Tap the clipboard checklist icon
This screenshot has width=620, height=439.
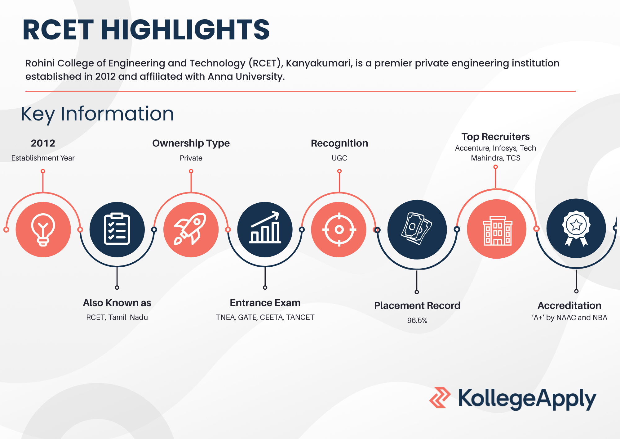pos(117,229)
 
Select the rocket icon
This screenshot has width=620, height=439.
pos(190,229)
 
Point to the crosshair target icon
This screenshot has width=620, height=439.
pos(339,230)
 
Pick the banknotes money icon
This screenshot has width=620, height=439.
pos(417,229)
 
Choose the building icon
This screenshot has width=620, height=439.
pos(497,231)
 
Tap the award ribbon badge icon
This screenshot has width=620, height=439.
pos(576,229)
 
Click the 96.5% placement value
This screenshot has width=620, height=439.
pos(417,320)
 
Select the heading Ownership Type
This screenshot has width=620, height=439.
pos(191,143)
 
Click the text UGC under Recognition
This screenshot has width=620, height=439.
pos(339,158)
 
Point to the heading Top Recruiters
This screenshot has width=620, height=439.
pos(495,137)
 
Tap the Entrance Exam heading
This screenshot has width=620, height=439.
pos(265,303)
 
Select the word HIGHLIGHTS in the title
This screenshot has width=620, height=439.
pos(185,30)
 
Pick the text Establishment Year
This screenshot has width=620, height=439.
pos(43,158)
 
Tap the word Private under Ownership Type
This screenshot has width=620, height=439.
pos(191,158)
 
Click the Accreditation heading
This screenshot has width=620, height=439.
pos(569,305)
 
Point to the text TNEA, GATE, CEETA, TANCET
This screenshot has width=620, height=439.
pos(265,317)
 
